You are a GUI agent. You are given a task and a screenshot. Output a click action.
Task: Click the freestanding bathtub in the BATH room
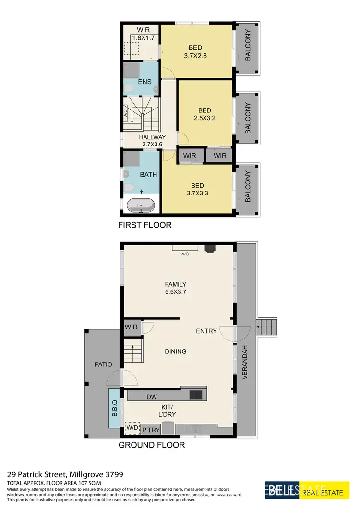[x=141, y=206]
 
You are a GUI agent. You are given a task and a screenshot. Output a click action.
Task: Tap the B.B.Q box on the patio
[x=114, y=408]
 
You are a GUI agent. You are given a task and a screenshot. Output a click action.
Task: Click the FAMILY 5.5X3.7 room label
[x=176, y=288]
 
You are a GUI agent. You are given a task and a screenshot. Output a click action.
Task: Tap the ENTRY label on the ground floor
[x=206, y=331]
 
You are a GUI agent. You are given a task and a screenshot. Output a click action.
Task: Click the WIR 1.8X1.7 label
[x=144, y=34]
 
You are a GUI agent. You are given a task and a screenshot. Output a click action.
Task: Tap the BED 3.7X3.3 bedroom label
[x=197, y=190]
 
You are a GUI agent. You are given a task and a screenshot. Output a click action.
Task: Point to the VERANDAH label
[x=244, y=363]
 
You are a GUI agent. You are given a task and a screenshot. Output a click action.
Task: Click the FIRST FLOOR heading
[x=144, y=225]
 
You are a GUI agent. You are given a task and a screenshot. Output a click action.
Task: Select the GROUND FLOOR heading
[x=152, y=445]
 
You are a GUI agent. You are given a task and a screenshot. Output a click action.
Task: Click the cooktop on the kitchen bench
[x=196, y=395]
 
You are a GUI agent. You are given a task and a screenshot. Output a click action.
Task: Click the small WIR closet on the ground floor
[x=132, y=327]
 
